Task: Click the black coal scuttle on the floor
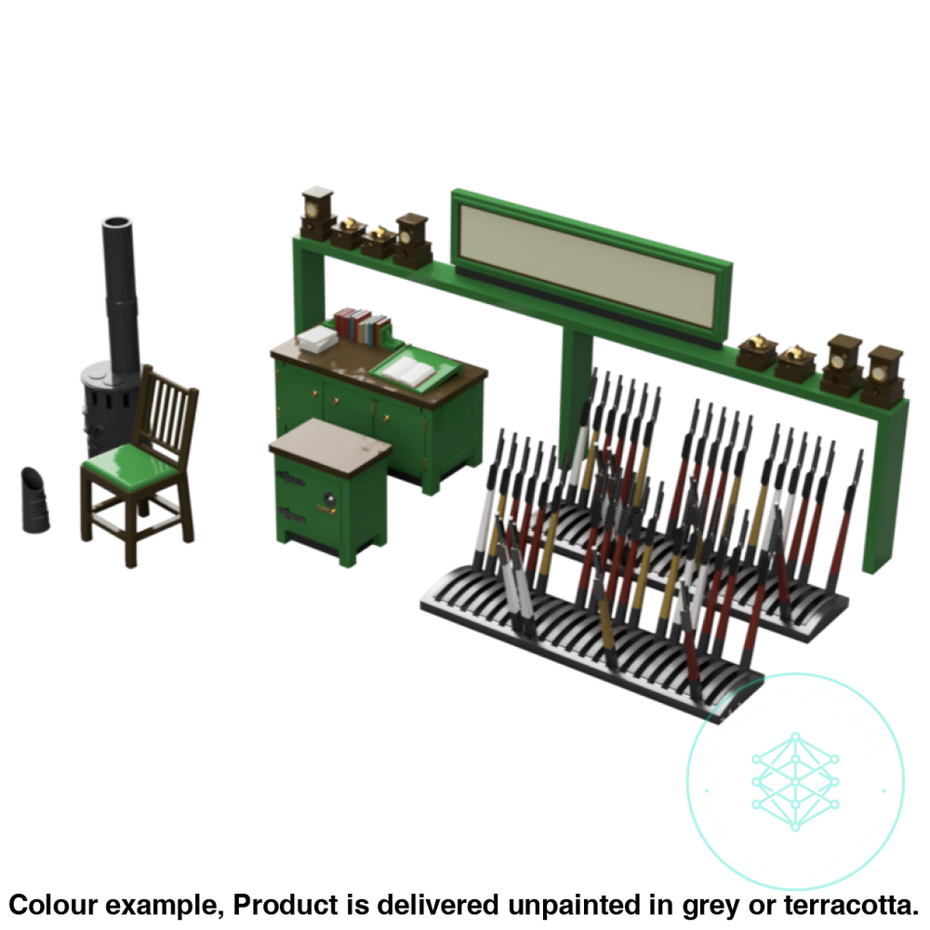(x=35, y=500)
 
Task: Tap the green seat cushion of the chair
(x=130, y=463)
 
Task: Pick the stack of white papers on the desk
(x=317, y=339)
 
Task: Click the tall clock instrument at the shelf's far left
(x=318, y=214)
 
